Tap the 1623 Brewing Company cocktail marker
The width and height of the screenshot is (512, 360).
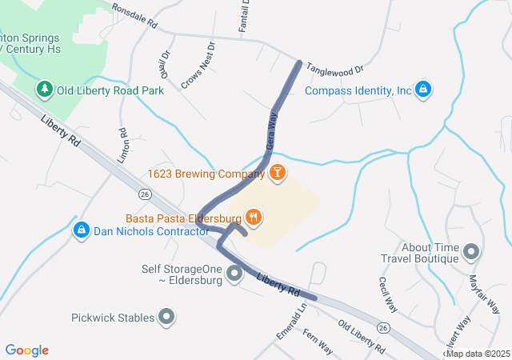point(277,172)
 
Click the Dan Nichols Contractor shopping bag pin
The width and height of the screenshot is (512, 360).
point(82,231)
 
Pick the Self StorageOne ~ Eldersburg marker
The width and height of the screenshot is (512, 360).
point(234,274)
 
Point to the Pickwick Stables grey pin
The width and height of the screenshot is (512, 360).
point(166,318)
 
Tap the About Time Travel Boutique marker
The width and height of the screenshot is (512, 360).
point(471,252)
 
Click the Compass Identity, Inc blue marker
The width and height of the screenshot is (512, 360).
point(423,90)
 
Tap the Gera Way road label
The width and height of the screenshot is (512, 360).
point(270,130)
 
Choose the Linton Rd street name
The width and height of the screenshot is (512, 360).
point(123,146)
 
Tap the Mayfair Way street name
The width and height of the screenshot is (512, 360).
point(484,294)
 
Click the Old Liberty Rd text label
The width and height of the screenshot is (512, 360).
point(361,338)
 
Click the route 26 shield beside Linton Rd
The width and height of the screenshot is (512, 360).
point(144,194)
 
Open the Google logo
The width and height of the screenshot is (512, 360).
point(27,350)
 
